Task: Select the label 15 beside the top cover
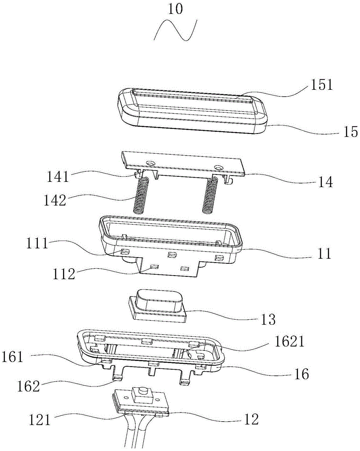349,133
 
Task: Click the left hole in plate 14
150,162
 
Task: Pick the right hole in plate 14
219,168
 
